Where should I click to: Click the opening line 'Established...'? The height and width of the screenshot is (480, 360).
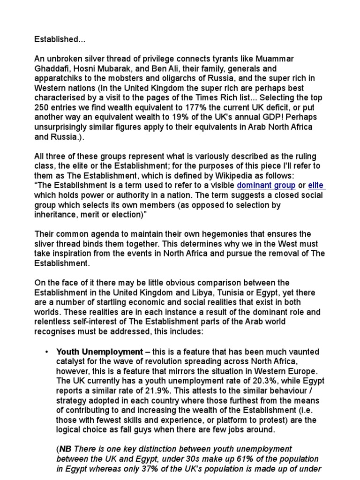56,39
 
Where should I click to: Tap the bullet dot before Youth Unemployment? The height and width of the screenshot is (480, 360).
47,352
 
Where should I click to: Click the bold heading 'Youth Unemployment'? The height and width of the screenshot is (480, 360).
99,352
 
